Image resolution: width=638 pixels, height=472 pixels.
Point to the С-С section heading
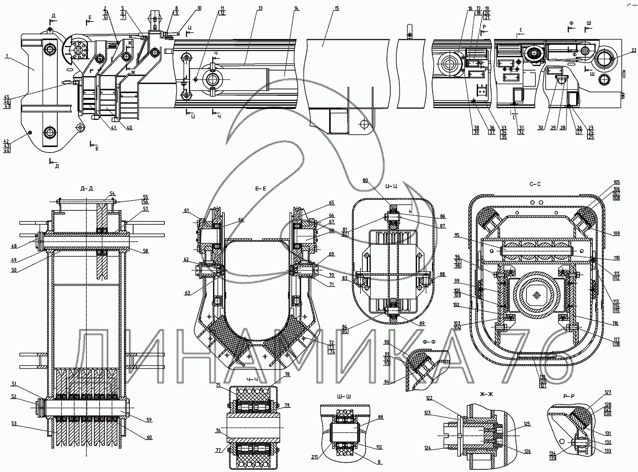point(535,184)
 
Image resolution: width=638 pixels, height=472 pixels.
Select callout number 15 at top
point(337,8)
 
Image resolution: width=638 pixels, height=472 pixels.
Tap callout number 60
point(149,437)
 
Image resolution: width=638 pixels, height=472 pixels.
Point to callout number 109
point(617,234)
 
